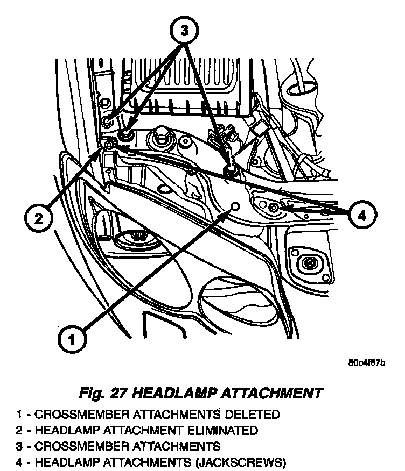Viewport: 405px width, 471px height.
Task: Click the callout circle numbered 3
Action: [184, 31]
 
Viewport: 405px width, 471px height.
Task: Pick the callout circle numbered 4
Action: [361, 215]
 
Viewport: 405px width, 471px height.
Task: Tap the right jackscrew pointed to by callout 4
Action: [274, 208]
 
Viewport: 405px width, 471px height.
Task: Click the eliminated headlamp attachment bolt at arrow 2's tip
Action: [108, 145]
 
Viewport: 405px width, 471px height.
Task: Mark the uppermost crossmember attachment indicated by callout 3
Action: [108, 119]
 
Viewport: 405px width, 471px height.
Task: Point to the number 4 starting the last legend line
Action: [20, 461]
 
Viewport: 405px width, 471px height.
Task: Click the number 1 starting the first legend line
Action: [20, 415]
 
